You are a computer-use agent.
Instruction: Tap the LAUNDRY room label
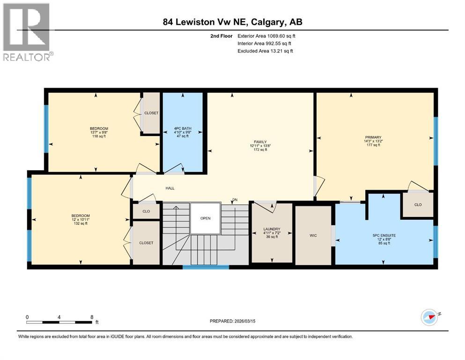click(272, 229)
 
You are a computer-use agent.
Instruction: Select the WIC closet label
click(313, 235)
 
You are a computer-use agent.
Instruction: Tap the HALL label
click(170, 188)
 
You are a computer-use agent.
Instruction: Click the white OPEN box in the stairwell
click(205, 218)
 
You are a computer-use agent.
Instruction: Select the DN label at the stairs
click(235, 200)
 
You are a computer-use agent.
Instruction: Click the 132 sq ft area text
click(80, 224)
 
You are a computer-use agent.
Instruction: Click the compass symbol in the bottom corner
click(429, 317)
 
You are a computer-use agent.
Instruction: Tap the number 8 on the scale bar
click(91, 317)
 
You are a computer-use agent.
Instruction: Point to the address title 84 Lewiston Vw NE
click(233, 22)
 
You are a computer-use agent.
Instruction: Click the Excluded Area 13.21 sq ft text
click(265, 51)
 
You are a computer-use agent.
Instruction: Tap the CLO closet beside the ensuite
click(418, 205)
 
